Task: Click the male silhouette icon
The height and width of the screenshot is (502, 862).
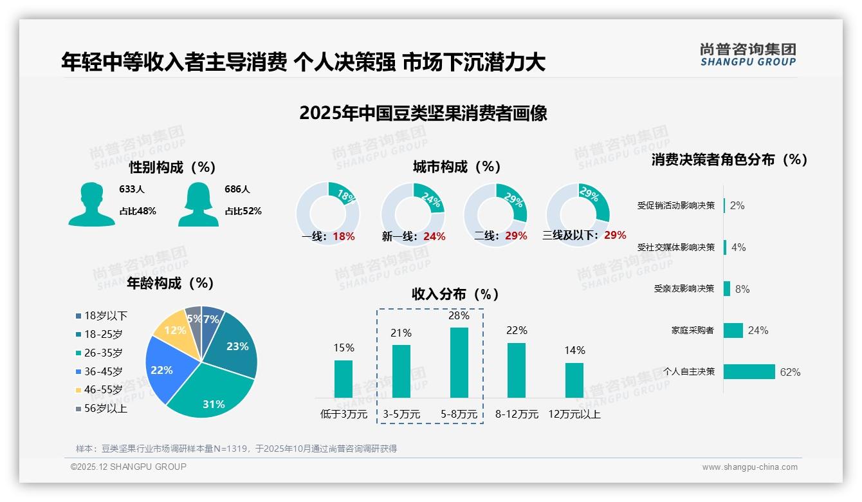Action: click(x=91, y=204)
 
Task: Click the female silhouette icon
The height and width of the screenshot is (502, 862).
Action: click(x=198, y=204)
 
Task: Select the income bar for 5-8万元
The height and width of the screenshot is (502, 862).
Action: click(x=459, y=362)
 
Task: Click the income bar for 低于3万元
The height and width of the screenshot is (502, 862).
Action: click(x=344, y=378)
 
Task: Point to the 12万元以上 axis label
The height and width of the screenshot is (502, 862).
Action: click(x=574, y=414)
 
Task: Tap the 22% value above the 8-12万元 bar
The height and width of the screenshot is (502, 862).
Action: click(x=517, y=330)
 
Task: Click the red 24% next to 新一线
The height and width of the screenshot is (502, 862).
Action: click(x=434, y=237)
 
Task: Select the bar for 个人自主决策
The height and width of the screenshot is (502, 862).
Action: click(x=749, y=372)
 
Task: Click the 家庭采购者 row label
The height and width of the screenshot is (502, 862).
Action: click(x=693, y=331)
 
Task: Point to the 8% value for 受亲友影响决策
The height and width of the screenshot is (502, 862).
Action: click(x=742, y=289)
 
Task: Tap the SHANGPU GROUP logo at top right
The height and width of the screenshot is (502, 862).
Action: click(x=747, y=55)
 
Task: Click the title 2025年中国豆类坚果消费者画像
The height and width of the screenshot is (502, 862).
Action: click(x=423, y=113)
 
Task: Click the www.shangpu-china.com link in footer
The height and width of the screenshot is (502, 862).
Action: click(x=749, y=467)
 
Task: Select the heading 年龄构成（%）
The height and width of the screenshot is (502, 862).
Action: click(x=170, y=283)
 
